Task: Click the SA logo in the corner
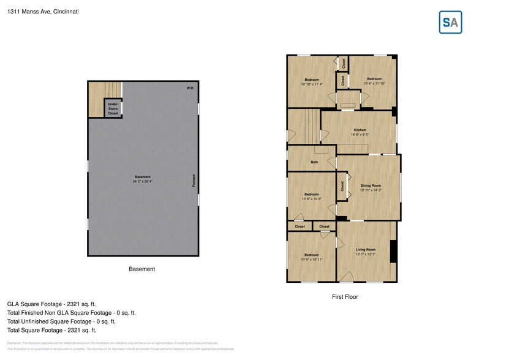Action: pos(450,22)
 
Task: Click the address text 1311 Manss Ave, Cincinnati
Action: pos(43,11)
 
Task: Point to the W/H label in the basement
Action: pos(190,89)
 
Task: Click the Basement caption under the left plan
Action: pos(141,269)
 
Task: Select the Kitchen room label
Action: pos(360,130)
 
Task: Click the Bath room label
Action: pos(314,162)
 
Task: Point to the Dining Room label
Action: pos(371,186)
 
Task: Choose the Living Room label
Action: pos(366,250)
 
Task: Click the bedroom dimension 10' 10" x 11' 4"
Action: pos(312,84)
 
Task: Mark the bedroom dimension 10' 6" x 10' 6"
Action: pos(312,199)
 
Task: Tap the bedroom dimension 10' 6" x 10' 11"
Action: pos(312,260)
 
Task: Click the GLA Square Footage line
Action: pos(51,304)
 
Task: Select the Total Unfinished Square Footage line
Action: pos(61,321)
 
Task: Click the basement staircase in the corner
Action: pos(97,98)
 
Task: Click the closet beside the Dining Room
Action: pos(341,186)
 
